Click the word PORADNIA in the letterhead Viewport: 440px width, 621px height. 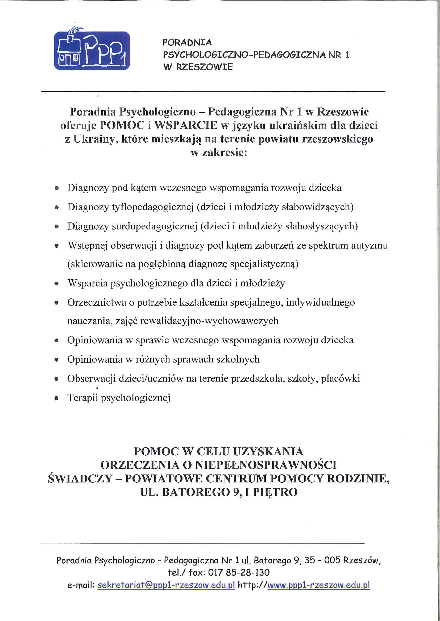[187, 42]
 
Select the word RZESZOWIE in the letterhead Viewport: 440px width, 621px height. [205, 67]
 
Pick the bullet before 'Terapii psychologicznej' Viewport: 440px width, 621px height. [56, 398]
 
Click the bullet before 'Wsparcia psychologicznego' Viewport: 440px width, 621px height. [56, 284]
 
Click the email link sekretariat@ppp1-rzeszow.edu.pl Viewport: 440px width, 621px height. [166, 585]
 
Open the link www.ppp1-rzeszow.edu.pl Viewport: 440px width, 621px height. [318, 585]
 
